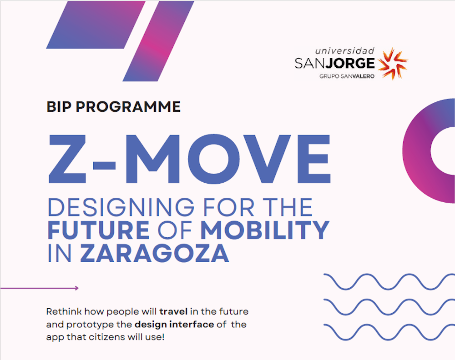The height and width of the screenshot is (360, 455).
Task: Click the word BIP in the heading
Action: pyautogui.click(x=59, y=107)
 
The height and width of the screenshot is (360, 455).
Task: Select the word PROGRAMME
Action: pyautogui.click(x=128, y=107)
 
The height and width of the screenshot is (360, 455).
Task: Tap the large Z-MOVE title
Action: pyautogui.click(x=189, y=159)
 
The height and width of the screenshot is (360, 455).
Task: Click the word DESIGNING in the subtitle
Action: pyautogui.click(x=121, y=207)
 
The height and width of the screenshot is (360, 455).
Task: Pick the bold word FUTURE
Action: pyautogui.click(x=98, y=230)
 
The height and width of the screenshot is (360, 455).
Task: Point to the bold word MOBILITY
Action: pyautogui.click(x=265, y=230)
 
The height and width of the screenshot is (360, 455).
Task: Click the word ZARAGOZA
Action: pyautogui.click(x=154, y=253)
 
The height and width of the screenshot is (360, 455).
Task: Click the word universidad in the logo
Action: pyautogui.click(x=345, y=51)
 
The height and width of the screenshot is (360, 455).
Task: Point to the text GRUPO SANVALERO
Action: pyautogui.click(x=347, y=76)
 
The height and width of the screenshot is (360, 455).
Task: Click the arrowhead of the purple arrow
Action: pyautogui.click(x=77, y=288)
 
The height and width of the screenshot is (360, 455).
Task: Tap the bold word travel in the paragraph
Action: pyautogui.click(x=173, y=312)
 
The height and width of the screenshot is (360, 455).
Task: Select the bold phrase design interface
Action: pyautogui.click(x=174, y=325)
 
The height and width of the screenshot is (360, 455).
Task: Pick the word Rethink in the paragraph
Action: pyautogui.click(x=64, y=312)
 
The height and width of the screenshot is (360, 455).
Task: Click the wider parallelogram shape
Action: pyautogui.click(x=96, y=25)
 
